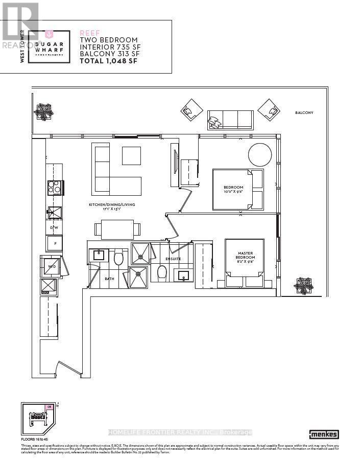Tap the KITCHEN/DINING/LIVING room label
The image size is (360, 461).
(111, 206)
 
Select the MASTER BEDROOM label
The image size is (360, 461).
(245, 256)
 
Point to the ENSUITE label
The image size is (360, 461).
(173, 259)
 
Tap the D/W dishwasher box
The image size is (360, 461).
(54, 227)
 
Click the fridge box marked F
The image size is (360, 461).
(54, 243)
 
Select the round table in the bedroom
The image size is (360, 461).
(260, 154)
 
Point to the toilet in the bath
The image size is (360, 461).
(118, 257)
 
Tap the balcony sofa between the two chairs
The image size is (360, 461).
(230, 120)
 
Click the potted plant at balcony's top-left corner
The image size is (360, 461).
(41, 111)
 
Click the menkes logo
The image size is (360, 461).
(325, 434)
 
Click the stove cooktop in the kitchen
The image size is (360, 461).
(54, 188)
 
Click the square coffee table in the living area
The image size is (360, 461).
(131, 155)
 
